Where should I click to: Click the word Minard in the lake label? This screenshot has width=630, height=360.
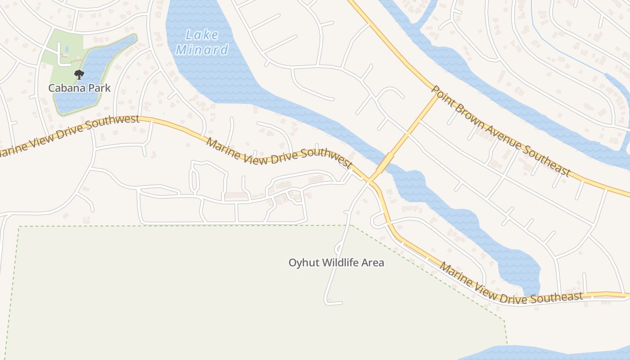tap(202, 49)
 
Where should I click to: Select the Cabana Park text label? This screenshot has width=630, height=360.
tap(79, 88)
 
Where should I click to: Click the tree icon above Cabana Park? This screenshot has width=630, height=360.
tap(79, 74)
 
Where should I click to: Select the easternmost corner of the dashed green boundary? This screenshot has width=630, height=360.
tap(504, 320)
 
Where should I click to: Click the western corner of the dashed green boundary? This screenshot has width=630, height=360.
tap(19, 227)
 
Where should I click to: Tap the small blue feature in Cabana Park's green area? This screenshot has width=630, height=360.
tap(67, 48)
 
